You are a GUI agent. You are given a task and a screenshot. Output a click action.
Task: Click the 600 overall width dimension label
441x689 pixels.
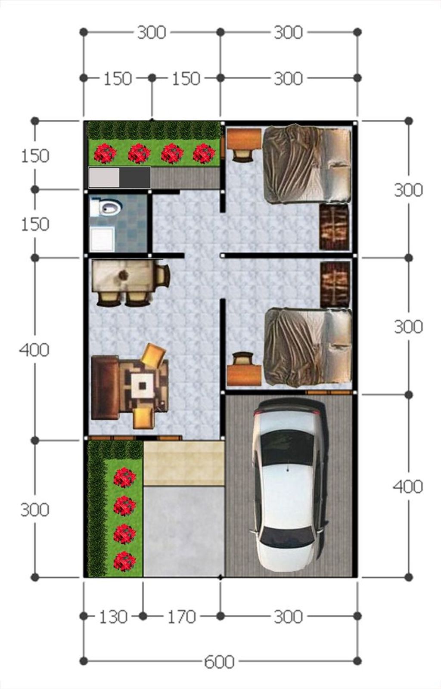click(219, 661)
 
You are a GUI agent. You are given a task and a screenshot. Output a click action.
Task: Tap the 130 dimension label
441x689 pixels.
click(113, 617)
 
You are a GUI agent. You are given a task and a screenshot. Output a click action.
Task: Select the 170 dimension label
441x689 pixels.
click(181, 617)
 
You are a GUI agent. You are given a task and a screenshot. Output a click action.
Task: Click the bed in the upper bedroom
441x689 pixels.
click(307, 164)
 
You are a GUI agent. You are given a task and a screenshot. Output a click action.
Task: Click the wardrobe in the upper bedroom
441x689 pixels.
click(334, 227)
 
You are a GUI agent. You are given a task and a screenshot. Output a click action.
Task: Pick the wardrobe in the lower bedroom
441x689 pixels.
click(335, 285)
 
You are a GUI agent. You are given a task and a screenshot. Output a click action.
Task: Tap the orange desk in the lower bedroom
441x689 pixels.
click(244, 375)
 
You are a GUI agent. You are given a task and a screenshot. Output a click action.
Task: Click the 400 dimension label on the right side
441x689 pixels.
click(408, 487)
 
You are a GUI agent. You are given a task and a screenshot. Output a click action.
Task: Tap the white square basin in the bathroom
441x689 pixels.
click(102, 239)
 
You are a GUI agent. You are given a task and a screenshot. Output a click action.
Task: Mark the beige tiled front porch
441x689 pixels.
click(184, 463)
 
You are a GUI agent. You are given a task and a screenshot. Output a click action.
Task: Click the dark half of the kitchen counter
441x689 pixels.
click(135, 177)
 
